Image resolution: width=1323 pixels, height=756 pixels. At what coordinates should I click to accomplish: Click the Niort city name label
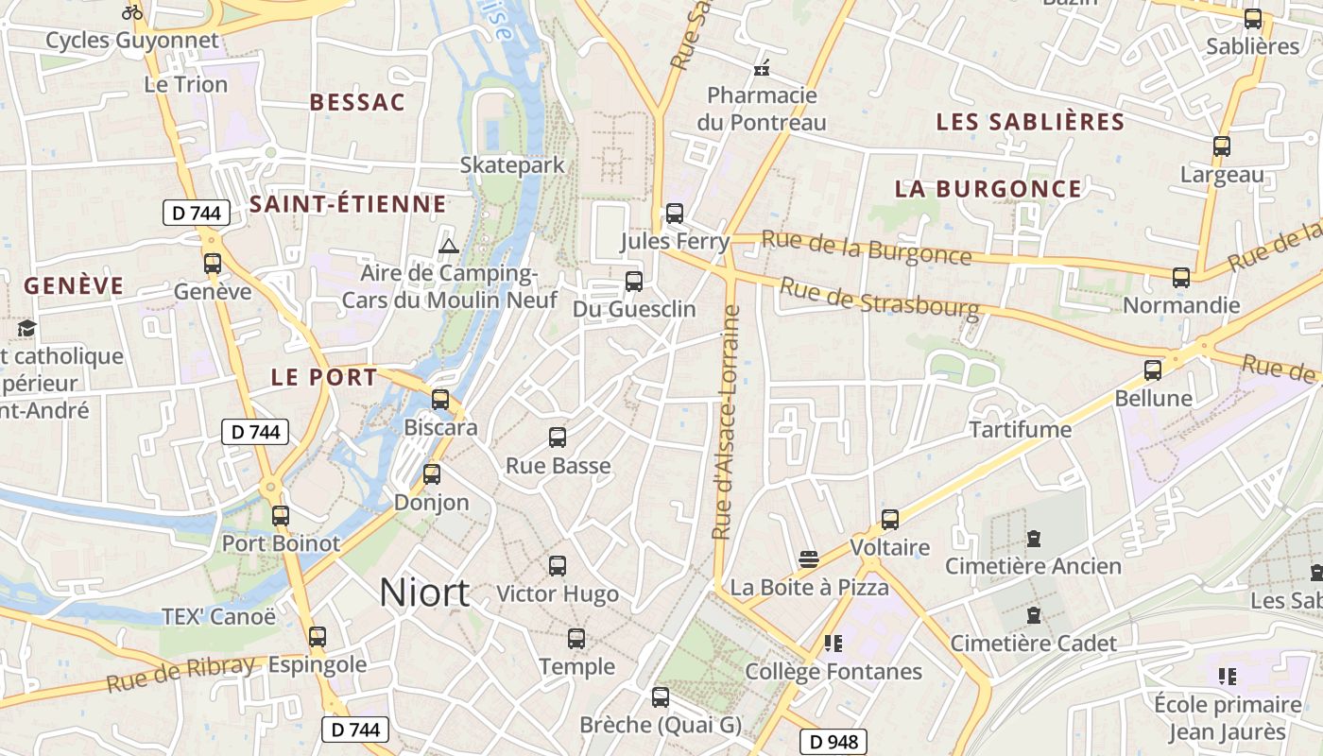click(424, 593)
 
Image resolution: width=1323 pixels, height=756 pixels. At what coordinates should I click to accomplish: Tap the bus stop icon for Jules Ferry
click(674, 214)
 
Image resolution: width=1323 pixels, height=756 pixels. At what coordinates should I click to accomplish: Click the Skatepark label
click(512, 164)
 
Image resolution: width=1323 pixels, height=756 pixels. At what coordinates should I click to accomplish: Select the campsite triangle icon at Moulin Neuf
click(449, 247)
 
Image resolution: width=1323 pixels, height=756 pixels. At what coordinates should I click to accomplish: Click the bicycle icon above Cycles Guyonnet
click(132, 13)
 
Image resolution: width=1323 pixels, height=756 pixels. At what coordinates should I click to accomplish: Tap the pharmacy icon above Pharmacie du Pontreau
click(762, 68)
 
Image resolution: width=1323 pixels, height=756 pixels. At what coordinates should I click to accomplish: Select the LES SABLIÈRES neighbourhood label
click(1030, 122)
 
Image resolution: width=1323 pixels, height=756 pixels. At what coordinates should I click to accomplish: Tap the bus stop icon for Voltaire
click(889, 519)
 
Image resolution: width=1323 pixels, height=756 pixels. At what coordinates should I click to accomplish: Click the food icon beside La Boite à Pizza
click(808, 558)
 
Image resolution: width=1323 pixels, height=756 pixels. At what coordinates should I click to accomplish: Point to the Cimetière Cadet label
click(1033, 644)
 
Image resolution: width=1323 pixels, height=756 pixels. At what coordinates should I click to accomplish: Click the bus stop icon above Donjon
click(432, 473)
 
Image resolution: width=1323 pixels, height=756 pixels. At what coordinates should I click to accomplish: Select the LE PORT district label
click(324, 377)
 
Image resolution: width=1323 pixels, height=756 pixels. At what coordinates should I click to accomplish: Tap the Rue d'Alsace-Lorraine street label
click(727, 421)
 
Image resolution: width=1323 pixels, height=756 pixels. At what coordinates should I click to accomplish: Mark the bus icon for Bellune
click(1153, 369)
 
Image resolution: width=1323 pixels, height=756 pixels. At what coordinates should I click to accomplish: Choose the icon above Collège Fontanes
click(833, 644)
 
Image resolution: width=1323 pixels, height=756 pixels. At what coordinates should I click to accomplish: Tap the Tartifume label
click(1021, 430)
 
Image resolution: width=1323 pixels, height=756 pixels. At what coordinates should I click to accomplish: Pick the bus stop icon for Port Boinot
click(280, 516)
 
